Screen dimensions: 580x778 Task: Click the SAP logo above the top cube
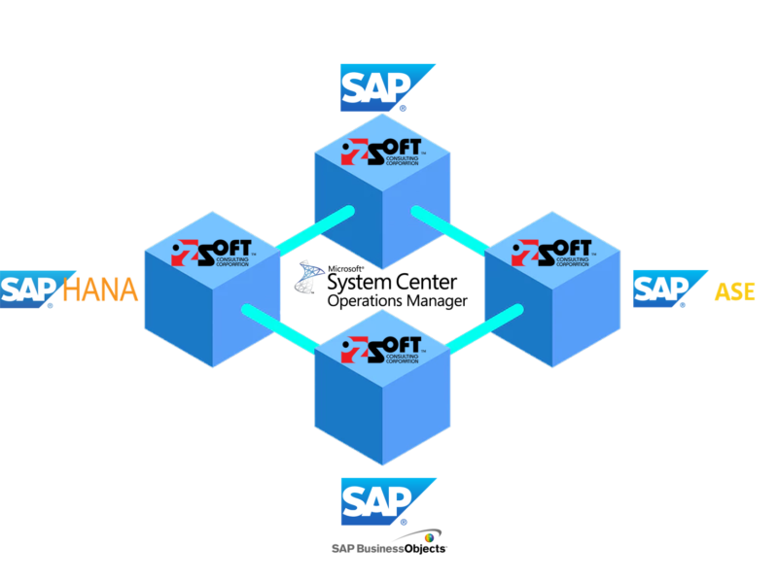pos(384,87)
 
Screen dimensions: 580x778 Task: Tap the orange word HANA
pos(100,289)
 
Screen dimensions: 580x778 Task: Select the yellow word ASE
pos(734,290)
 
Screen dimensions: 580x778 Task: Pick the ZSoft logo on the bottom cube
pos(382,347)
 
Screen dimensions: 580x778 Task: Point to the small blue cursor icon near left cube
pos(310,278)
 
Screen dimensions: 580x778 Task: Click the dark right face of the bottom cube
pos(418,408)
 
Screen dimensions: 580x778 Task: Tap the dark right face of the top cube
pos(418,219)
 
